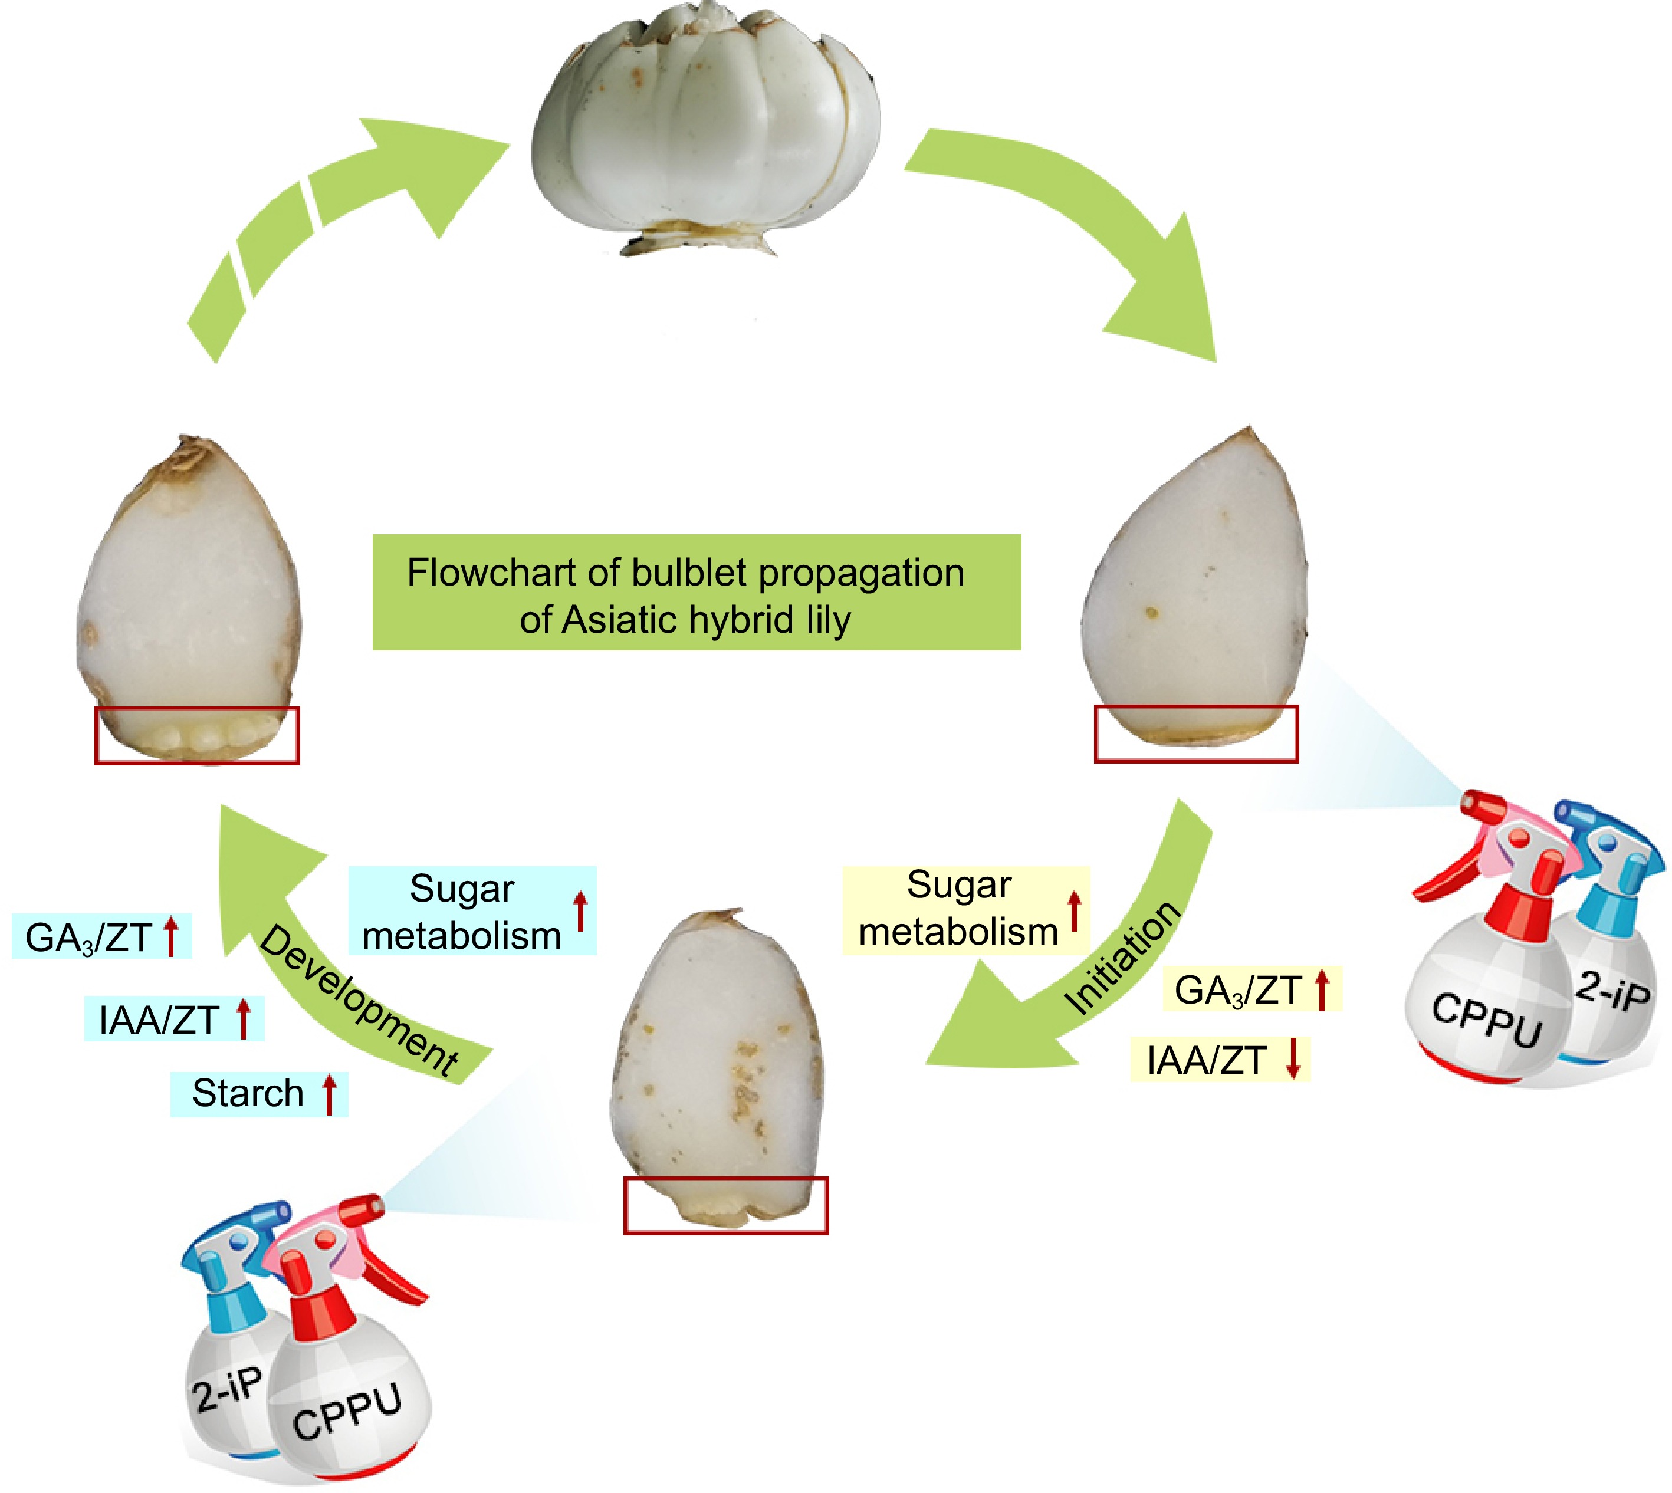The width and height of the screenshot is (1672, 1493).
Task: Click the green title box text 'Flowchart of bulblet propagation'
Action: (x=685, y=573)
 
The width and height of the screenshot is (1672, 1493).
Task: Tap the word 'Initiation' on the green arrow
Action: (x=1122, y=958)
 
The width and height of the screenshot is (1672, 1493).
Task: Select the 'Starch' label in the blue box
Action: (x=248, y=1093)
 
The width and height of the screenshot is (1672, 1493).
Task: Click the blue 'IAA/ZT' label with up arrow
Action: (x=159, y=1020)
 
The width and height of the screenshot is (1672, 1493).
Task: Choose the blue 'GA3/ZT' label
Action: (x=88, y=938)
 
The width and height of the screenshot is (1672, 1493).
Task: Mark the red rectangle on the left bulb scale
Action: (x=197, y=736)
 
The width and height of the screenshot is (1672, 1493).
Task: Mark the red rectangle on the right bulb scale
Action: (x=1196, y=734)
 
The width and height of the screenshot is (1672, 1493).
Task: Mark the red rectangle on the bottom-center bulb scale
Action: (x=726, y=1205)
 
